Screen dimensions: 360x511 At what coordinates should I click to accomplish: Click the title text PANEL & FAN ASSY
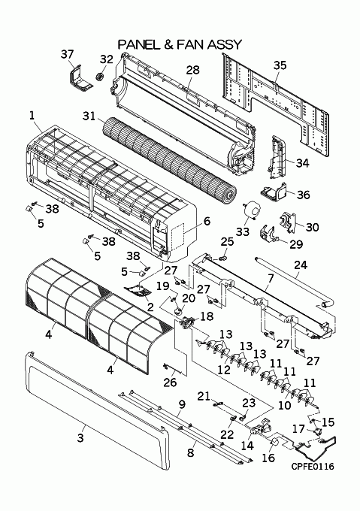180,44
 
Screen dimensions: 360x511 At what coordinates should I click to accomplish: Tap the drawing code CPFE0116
313,467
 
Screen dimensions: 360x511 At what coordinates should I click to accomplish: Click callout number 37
67,54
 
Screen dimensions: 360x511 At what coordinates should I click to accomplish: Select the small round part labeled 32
99,77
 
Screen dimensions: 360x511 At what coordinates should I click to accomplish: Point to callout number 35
280,65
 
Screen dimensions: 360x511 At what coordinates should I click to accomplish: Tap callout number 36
304,195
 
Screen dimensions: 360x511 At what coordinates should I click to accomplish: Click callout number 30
312,227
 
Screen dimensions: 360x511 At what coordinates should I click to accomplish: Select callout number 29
296,244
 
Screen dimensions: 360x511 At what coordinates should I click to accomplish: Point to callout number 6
207,221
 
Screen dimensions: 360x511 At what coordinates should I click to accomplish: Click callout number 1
32,116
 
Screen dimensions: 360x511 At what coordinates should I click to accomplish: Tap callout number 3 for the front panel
80,437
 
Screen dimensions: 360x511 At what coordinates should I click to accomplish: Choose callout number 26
170,382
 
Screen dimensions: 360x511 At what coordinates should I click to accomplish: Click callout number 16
268,458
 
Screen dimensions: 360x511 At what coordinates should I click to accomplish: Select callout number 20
189,298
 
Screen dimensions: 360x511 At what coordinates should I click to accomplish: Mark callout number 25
227,241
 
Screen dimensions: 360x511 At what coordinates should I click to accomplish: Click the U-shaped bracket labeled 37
80,79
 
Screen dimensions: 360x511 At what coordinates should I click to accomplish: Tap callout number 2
150,307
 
